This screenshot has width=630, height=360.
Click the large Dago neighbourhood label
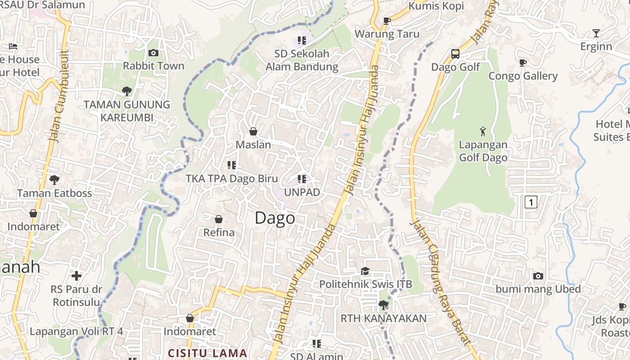[275, 218]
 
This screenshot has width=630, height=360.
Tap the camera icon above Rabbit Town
[153, 53]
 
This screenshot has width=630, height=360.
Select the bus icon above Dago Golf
[455, 54]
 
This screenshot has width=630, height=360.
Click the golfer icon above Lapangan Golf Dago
[483, 131]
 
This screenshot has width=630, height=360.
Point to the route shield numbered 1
[531, 202]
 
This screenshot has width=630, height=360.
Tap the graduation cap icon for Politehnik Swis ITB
[365, 271]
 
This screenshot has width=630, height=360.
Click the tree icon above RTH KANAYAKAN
[383, 305]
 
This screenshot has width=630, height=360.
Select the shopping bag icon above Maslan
[253, 131]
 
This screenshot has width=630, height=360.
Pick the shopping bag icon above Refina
[219, 219]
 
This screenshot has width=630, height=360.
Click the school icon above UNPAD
[301, 179]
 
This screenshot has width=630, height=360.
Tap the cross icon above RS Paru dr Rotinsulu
[76, 275]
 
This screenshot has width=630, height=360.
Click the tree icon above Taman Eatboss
[54, 180]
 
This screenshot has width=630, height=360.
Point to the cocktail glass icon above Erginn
[596, 33]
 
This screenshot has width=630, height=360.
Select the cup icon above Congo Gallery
[522, 63]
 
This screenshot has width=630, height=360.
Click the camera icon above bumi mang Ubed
[538, 276]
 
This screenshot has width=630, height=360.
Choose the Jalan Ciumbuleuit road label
[60, 97]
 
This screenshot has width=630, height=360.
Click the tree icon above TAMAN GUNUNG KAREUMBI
[127, 91]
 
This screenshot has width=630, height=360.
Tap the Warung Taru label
[387, 34]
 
